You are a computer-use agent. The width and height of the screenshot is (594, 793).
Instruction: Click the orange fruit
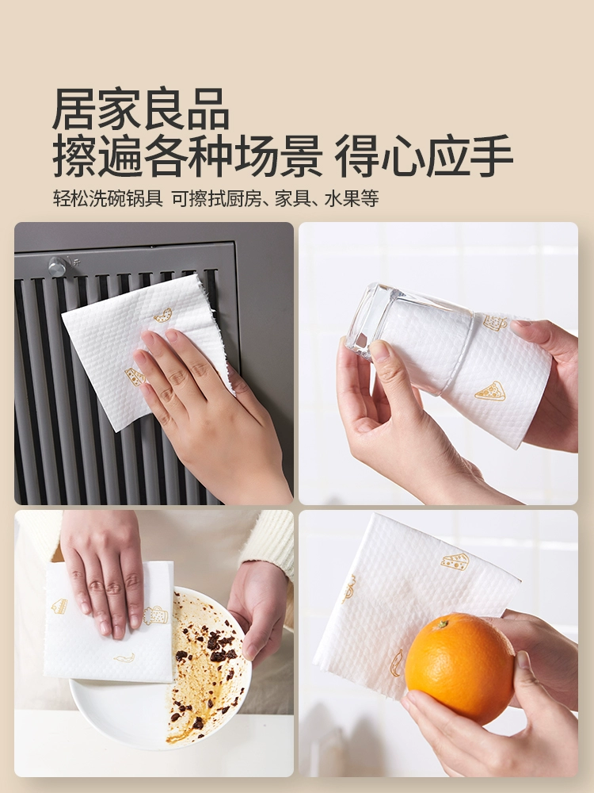pyautogui.click(x=459, y=668)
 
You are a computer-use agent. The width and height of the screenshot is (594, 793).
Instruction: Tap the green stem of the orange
pyautogui.click(x=443, y=624)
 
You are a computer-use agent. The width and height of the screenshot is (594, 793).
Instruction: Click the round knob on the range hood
pyautogui.click(x=57, y=266)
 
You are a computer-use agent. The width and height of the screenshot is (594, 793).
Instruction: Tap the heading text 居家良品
pyautogui.click(x=141, y=109)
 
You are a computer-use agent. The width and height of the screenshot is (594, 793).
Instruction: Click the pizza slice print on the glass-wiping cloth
pyautogui.click(x=490, y=391)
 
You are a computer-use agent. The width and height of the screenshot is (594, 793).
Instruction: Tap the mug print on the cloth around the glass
pyautogui.click(x=495, y=322)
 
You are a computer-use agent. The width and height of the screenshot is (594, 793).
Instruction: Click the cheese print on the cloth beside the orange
pyautogui.click(x=455, y=561)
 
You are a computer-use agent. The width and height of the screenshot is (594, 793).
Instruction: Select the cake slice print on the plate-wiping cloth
pyautogui.click(x=59, y=606)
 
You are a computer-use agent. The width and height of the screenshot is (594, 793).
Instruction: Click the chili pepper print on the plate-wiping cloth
pyautogui.click(x=124, y=657)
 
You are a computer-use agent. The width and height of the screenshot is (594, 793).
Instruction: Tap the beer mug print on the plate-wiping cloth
pyautogui.click(x=155, y=615)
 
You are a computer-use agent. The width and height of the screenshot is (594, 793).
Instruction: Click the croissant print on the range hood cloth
pyautogui.click(x=163, y=315)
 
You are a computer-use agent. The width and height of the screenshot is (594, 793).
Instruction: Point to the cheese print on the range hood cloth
pyautogui.click(x=135, y=377)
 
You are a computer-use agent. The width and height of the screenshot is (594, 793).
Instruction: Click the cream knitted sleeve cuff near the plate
pyautogui.click(x=268, y=540)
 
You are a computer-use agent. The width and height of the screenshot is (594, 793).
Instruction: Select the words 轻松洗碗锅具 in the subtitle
pyautogui.click(x=108, y=199)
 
